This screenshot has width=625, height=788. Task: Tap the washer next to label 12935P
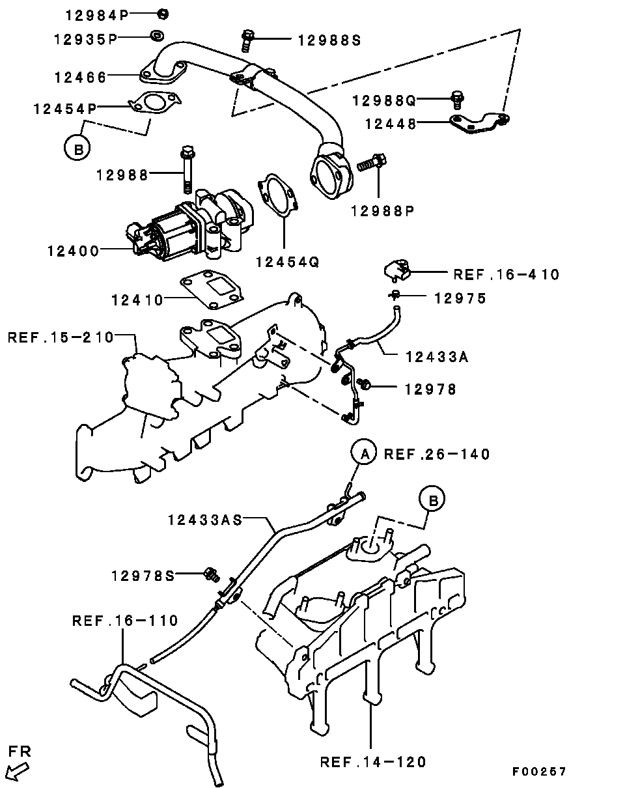click(x=157, y=35)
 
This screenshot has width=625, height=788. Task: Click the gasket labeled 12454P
click(x=154, y=104)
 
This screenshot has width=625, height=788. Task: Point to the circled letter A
click(x=365, y=454)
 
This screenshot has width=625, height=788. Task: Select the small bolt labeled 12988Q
click(x=458, y=100)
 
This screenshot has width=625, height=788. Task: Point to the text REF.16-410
click(x=506, y=274)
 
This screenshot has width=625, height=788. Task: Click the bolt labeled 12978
click(x=365, y=386)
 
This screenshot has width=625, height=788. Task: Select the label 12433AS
click(x=205, y=520)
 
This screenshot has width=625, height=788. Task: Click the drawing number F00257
click(x=538, y=772)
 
